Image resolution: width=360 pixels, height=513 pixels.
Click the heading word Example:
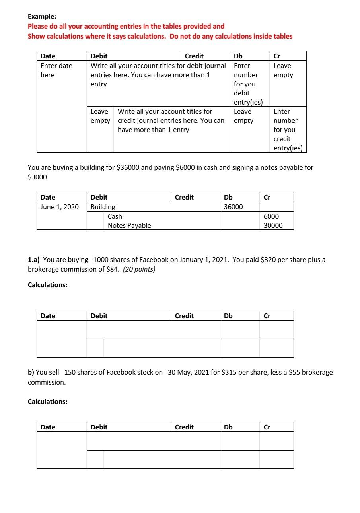42,17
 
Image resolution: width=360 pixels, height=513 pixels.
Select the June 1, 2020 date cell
59,207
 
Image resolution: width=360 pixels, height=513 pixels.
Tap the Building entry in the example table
103,207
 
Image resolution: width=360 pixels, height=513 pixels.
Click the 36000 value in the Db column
233,207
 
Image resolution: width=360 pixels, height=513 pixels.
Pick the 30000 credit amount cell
273,225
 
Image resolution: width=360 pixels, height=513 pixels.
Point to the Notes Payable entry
129,225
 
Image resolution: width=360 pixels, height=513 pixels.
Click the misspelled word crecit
282,139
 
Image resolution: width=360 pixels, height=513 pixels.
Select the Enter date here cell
56,70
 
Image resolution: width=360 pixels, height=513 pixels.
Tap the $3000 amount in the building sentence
37,177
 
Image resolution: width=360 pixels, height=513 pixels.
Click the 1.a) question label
34,260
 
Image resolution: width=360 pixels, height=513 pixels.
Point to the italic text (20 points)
139,269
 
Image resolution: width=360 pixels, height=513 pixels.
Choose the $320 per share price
269,260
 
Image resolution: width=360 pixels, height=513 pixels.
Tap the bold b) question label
31,373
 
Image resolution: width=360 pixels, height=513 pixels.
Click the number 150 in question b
70,373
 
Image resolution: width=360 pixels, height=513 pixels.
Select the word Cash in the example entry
115,216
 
